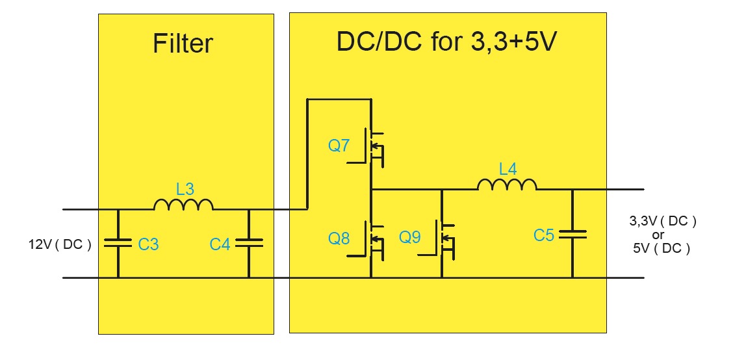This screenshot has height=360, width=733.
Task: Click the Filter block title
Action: click(183, 44)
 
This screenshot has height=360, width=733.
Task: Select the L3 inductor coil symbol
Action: click(183, 205)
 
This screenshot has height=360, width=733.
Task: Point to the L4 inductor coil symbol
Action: click(507, 185)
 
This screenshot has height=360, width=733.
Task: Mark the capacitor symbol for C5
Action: click(572, 234)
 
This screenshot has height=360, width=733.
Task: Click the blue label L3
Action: click(185, 190)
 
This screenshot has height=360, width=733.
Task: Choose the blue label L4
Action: click(508, 170)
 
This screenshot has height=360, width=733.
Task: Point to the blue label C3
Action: click(148, 244)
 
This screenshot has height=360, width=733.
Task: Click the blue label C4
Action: click(220, 244)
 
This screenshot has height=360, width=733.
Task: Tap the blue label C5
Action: click(544, 235)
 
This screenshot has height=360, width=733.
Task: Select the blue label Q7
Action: click(339, 146)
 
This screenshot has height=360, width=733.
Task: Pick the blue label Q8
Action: click(339, 238)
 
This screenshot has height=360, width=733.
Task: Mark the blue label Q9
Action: click(410, 238)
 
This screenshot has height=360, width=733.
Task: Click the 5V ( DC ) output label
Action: click(661, 248)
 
